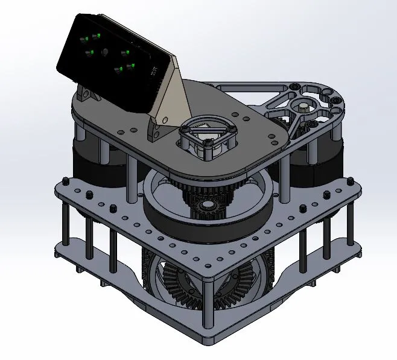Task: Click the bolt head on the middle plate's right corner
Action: point(349,179)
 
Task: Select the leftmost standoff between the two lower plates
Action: point(65,223)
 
